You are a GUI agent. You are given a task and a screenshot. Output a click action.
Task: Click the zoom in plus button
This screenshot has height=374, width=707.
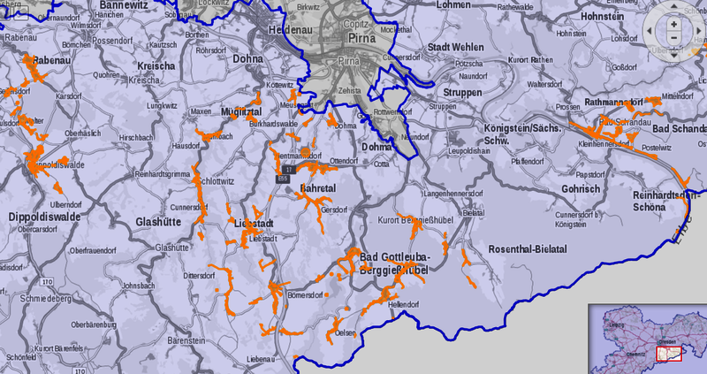click(x=673, y=24)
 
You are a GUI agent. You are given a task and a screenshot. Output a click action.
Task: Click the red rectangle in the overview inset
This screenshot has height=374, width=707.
click(x=669, y=353)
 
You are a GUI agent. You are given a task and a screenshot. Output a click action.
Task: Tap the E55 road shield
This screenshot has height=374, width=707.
click(x=283, y=179)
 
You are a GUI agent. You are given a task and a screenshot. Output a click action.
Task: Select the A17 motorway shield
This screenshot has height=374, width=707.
click(x=288, y=168)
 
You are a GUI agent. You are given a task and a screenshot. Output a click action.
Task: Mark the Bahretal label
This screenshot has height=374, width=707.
click(x=319, y=189)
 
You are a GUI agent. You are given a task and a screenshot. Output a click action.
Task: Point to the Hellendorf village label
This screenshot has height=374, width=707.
click(x=403, y=304)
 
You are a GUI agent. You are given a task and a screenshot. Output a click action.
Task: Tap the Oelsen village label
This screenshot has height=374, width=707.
click(x=346, y=332)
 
